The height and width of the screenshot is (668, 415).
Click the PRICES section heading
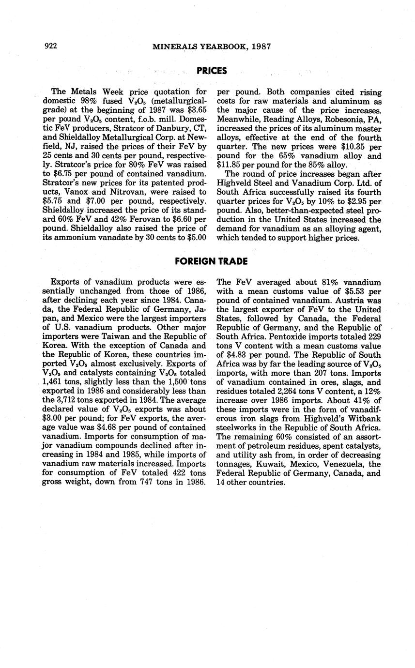coord(212,71)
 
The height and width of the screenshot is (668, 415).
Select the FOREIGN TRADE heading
coord(211,261)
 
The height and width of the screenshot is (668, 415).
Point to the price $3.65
coord(197,110)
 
